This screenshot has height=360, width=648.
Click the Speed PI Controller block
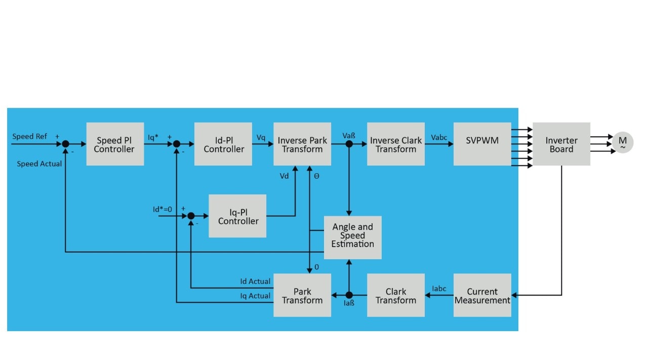[115, 144]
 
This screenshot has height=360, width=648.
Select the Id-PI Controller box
[223, 144]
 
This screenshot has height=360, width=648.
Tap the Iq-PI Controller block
[237, 216]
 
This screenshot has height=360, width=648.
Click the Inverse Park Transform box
[302, 144]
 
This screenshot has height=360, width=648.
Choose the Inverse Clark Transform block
[396, 144]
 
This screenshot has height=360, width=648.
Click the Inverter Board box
[561, 144]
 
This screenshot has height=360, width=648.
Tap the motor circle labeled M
[623, 142]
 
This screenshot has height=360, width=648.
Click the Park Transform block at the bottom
[302, 296]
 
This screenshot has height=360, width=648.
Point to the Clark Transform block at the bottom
[396, 296]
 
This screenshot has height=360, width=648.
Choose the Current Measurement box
[482, 296]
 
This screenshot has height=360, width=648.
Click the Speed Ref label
[30, 136]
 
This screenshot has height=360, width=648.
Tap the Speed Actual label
[39, 164]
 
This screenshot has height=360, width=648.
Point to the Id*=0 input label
[163, 209]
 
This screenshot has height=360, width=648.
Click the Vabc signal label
[439, 137]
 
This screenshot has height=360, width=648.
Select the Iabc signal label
[439, 289]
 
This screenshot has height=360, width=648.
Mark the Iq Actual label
[255, 296]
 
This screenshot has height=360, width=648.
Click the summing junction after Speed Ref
[65, 144]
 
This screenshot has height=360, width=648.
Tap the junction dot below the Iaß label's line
[349, 295]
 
